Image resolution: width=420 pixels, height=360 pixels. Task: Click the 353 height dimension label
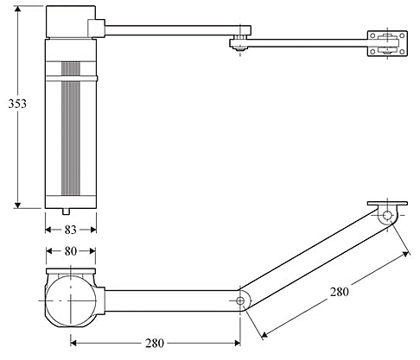click(17, 104)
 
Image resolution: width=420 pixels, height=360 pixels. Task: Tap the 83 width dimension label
click(70, 230)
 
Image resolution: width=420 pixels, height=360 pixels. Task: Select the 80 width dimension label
click(71, 251)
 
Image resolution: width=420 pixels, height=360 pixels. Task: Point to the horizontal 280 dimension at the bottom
click(155, 343)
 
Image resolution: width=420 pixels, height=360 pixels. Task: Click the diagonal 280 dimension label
click(340, 292)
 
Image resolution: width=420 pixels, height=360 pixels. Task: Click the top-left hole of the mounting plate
click(372, 35)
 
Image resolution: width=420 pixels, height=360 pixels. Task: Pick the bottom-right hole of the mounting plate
click(402, 52)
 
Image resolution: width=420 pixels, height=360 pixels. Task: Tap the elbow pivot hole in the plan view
click(240, 301)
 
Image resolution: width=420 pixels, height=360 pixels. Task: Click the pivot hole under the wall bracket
click(387, 215)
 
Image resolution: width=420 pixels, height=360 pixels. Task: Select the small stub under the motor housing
click(66, 212)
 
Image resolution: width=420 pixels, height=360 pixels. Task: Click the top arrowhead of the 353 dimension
click(18, 9)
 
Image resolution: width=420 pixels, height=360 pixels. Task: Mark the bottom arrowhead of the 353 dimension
click(18, 205)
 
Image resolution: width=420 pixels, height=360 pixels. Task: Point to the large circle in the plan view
click(71, 300)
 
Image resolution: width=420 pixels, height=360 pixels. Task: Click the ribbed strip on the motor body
click(71, 129)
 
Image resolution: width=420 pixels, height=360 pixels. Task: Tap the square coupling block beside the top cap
click(96, 28)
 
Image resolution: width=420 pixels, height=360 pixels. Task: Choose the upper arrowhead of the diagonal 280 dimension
click(406, 254)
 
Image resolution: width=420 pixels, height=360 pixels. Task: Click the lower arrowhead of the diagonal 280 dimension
click(264, 334)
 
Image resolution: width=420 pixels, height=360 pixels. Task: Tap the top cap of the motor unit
click(71, 22)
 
